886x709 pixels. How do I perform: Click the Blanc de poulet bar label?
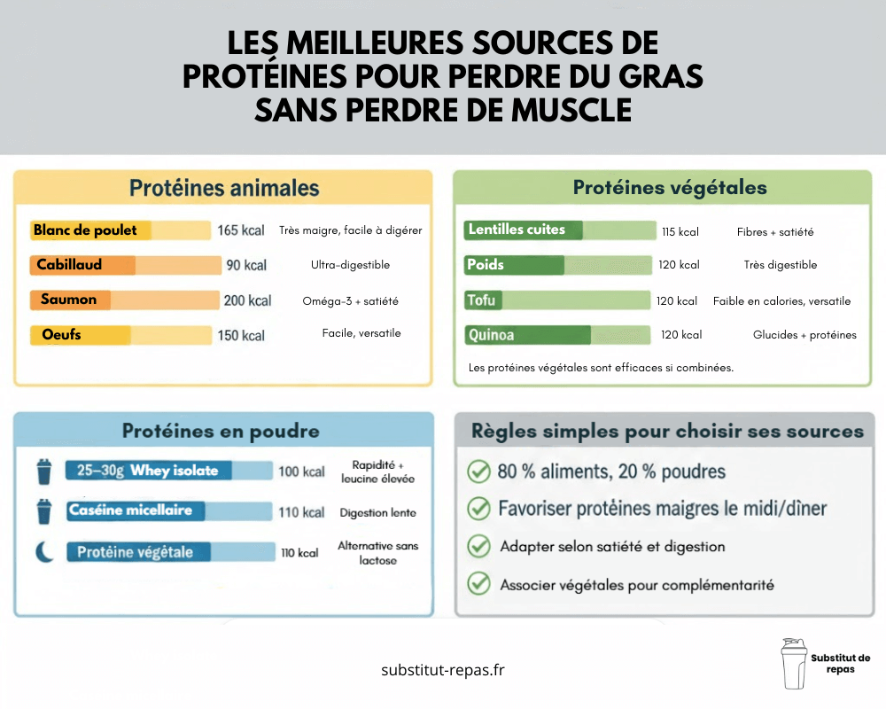85,230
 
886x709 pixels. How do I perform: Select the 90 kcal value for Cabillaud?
245,265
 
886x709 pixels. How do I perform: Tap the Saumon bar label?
68,300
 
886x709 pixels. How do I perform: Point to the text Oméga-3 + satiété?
350,300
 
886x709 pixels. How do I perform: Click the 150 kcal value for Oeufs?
241,336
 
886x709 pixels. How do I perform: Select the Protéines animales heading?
224,188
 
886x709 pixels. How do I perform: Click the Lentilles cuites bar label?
517,230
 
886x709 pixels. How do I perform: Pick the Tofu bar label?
482,300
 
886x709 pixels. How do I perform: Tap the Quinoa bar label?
491,336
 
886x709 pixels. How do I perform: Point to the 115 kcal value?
680,232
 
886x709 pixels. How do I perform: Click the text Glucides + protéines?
804,335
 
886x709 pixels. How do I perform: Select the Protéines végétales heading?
670,187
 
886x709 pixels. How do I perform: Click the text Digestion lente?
377,512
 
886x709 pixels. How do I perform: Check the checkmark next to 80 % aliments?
478,471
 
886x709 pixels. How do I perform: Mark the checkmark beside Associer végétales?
478,584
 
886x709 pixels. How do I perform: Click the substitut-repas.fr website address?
442,670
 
